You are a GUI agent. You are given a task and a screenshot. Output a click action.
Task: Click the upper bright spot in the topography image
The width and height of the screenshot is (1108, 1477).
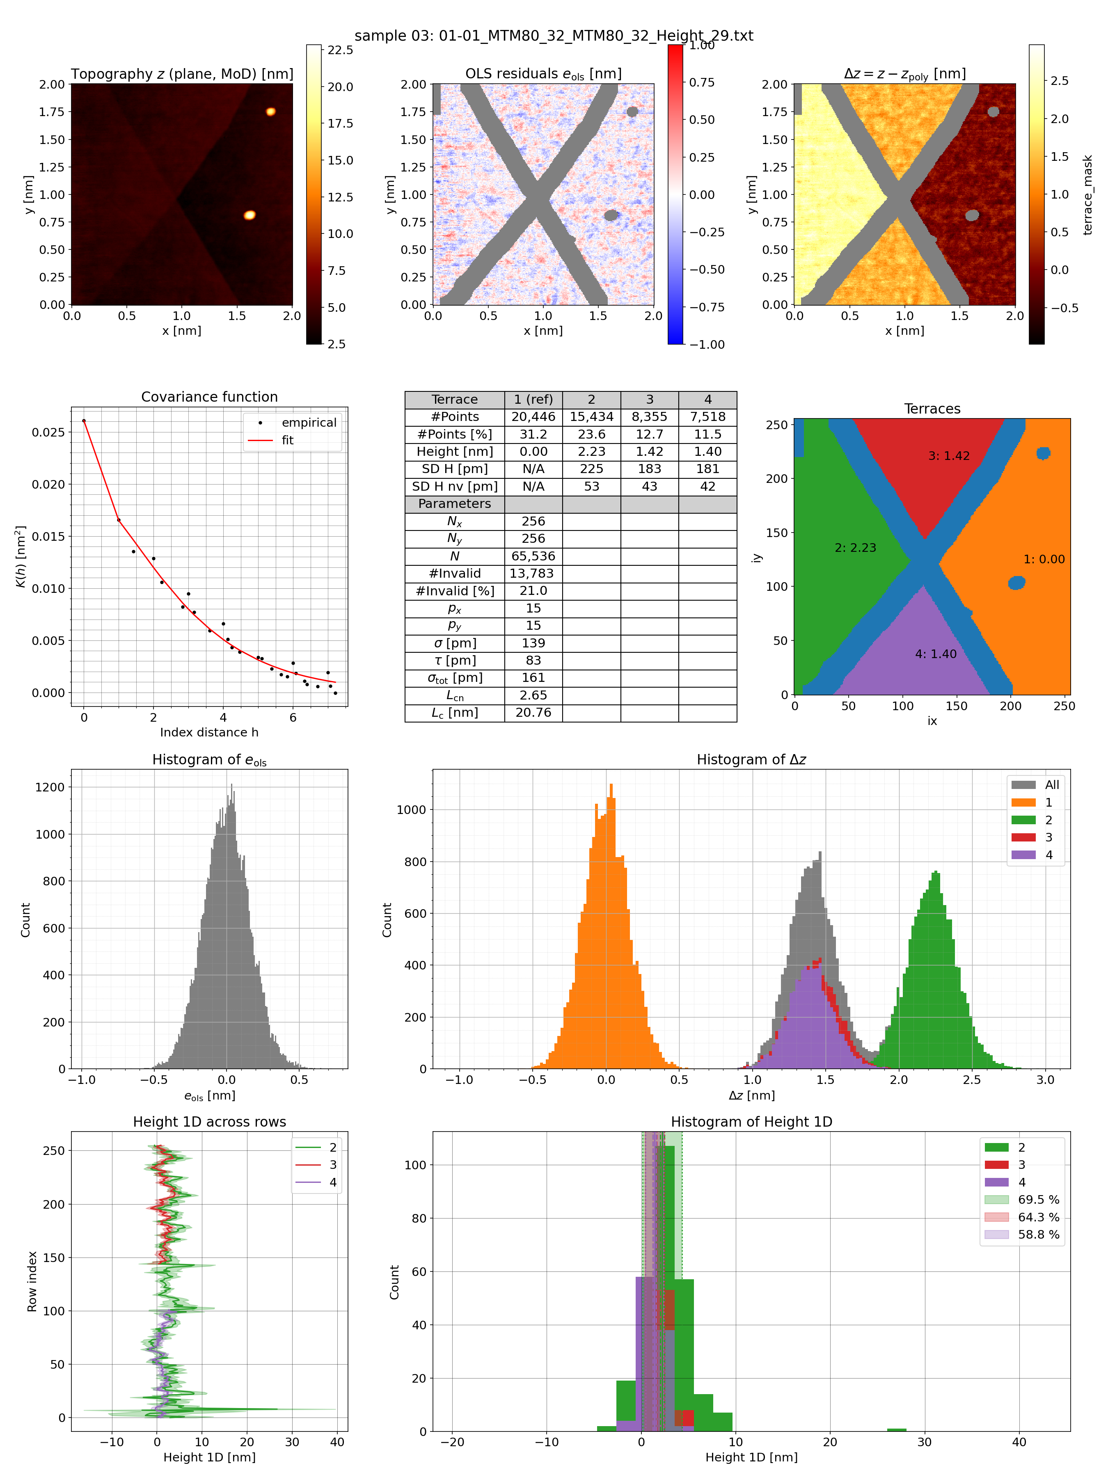[270, 112]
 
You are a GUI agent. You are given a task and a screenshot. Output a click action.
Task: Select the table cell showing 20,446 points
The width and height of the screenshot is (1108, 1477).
[533, 417]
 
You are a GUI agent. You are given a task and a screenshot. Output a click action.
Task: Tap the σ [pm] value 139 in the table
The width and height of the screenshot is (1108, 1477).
[533, 643]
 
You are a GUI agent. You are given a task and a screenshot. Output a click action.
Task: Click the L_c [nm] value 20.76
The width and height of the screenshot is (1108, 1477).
[533, 713]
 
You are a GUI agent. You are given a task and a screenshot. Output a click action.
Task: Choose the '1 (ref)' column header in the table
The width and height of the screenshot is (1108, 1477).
[533, 399]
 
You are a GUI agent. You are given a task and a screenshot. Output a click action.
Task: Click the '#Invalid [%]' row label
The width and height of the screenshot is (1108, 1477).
[454, 591]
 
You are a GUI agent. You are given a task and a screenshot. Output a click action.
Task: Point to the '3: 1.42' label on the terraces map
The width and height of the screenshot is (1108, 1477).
[948, 456]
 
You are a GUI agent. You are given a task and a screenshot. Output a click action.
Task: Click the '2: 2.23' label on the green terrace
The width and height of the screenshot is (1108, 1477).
[855, 548]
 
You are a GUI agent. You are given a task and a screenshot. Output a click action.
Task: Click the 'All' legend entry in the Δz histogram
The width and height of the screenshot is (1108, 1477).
[1052, 784]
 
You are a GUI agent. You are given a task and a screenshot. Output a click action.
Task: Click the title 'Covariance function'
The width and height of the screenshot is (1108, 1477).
[209, 397]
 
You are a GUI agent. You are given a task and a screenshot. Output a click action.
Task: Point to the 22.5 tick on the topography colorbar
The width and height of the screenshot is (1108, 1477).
[340, 50]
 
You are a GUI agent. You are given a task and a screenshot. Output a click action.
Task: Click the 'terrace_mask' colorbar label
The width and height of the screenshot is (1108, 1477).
[1088, 195]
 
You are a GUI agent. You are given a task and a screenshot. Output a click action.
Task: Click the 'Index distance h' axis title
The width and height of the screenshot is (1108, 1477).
[209, 732]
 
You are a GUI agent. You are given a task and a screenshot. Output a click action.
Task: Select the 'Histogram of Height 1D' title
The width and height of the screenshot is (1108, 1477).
[751, 1122]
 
